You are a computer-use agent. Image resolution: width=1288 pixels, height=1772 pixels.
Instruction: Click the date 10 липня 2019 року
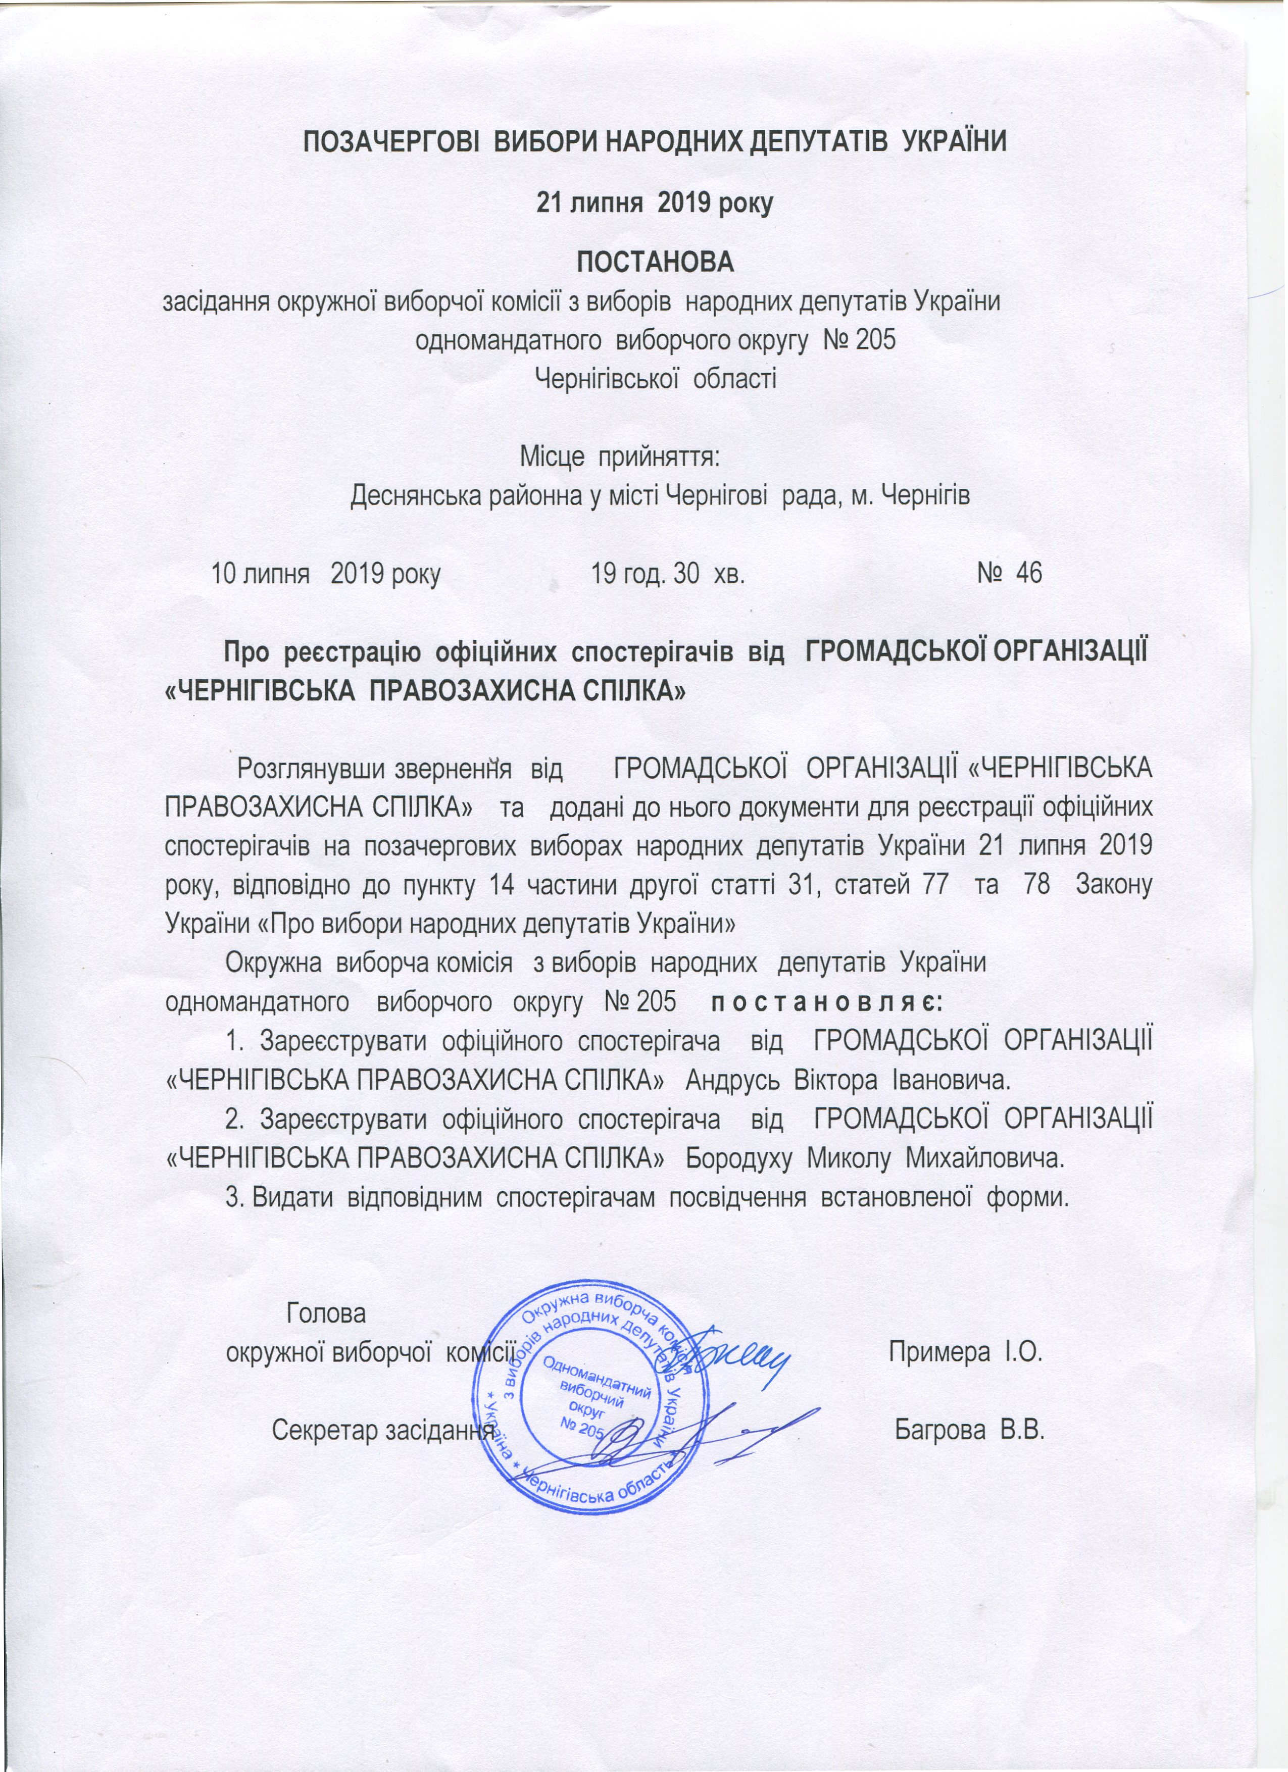pos(326,574)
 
